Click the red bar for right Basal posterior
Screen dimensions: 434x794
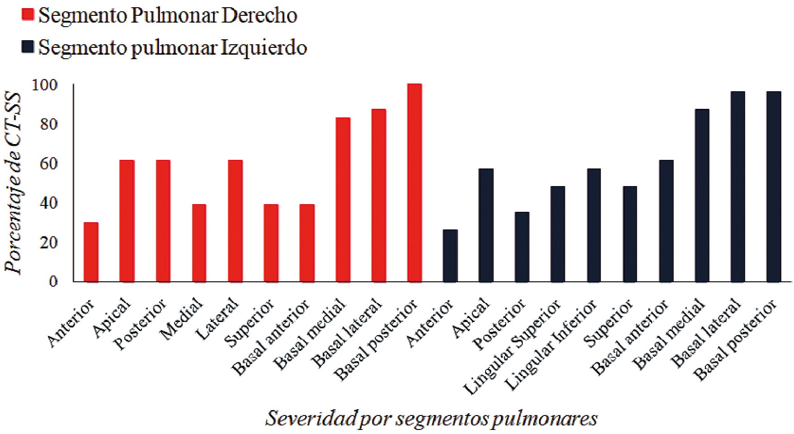414,183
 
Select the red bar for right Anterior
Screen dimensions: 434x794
91,252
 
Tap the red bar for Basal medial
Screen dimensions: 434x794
343,200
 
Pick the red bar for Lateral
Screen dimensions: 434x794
235,221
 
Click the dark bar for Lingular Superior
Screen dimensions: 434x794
558,234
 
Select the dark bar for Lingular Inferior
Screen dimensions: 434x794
593,225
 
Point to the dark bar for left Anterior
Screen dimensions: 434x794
450,256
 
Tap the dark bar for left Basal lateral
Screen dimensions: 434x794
737,187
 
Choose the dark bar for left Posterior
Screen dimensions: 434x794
522,247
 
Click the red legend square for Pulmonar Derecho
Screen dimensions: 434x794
28,15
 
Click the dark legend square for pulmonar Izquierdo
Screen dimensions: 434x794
28,47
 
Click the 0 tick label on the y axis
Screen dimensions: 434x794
53,282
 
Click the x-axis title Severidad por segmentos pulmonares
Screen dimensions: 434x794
431,419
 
